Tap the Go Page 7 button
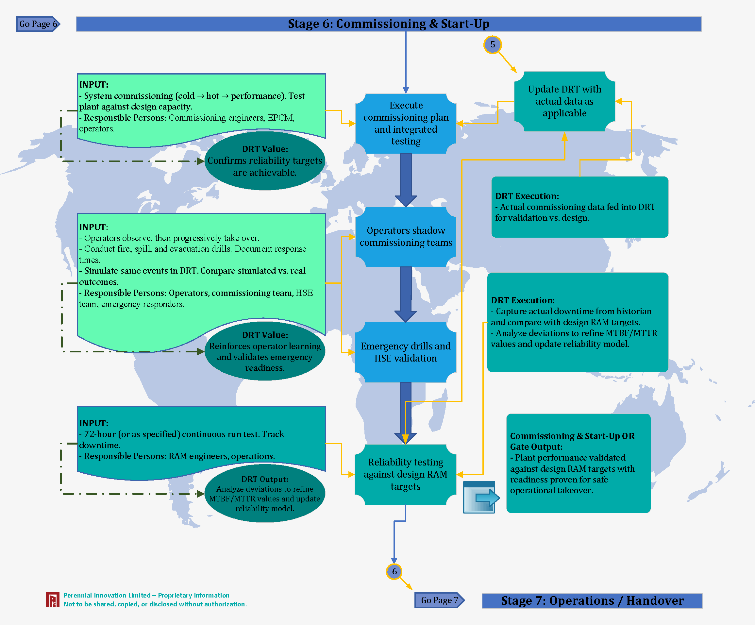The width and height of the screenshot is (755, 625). (x=439, y=600)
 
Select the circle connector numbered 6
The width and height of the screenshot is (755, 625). (x=394, y=571)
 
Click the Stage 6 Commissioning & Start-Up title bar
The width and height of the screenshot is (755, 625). (x=388, y=24)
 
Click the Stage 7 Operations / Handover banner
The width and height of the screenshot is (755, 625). (x=592, y=600)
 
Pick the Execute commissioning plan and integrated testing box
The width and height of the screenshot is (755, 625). (x=406, y=123)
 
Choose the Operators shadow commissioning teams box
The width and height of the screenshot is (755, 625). (x=406, y=236)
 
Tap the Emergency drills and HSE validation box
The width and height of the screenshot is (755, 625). (x=406, y=352)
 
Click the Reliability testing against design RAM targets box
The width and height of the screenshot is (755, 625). (x=406, y=474)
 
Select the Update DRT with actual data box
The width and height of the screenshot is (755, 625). (x=564, y=101)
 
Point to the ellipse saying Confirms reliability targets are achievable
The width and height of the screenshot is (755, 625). (x=265, y=161)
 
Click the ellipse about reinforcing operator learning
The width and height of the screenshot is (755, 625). (x=265, y=351)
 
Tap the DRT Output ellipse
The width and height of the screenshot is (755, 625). (x=265, y=493)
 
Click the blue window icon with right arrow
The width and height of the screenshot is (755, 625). (x=479, y=497)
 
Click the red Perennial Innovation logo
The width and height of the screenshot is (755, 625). (x=53, y=600)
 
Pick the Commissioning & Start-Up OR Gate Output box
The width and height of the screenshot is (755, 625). (x=578, y=463)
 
